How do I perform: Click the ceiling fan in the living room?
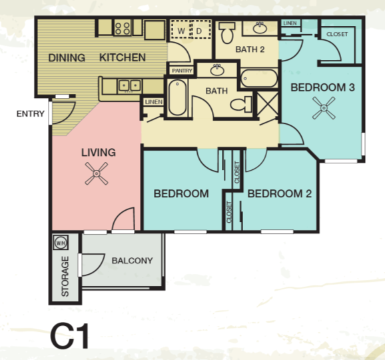tap(98, 175)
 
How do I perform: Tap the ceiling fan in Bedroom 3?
tap(325, 107)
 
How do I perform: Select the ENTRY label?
tap(30, 114)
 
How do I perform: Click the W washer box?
tap(181, 31)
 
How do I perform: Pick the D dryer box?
tap(199, 31)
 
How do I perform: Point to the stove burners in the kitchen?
tap(123, 28)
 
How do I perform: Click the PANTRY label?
tap(182, 70)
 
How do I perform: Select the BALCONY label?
tap(133, 261)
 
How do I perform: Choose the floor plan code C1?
tap(69, 335)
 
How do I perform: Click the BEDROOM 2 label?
tap(280, 194)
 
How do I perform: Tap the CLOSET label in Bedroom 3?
tap(337, 34)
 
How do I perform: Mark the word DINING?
tap(67, 57)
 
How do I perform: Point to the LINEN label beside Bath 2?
tap(290, 23)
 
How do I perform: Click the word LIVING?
tap(98, 152)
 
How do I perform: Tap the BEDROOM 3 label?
tap(322, 87)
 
